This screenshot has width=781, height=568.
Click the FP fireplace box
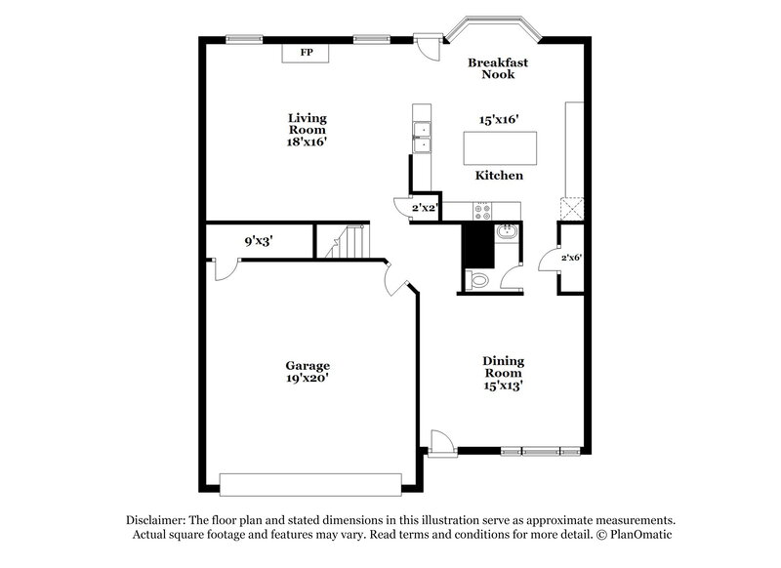tap(306, 53)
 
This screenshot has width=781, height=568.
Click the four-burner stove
tap(483, 208)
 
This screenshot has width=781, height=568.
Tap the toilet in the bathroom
tap(478, 280)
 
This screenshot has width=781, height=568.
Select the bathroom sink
tap(507, 232)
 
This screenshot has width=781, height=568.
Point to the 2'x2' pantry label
tap(424, 208)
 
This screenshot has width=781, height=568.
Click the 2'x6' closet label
tap(571, 258)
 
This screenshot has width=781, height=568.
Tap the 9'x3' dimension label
tap(258, 241)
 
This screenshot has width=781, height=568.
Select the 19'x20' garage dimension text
tap(307, 380)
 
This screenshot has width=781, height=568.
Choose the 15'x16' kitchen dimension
tap(498, 119)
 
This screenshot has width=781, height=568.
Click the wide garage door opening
tap(309, 484)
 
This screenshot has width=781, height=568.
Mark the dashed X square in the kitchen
tap(570, 208)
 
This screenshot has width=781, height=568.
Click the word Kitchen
tap(499, 176)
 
